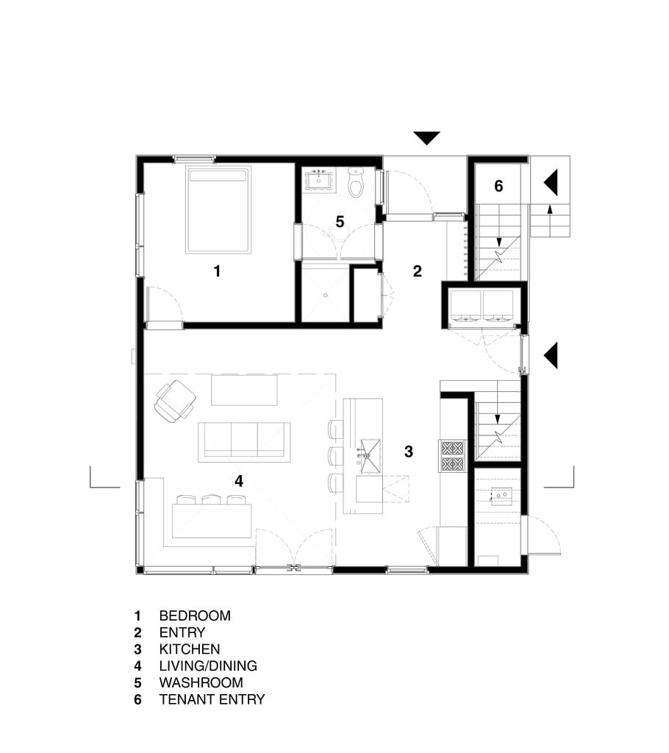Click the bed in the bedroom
[x=218, y=210]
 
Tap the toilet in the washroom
[x=357, y=183]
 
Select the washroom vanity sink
[x=318, y=181]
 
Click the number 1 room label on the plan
[x=217, y=271]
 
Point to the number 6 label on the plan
[x=498, y=186]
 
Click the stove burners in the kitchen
[x=452, y=456]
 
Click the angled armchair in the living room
[x=174, y=401]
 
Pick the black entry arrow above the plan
[x=426, y=138]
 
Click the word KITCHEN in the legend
[x=190, y=649]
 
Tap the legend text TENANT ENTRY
[x=212, y=699]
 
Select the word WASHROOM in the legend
[x=201, y=682]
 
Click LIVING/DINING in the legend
[x=208, y=666]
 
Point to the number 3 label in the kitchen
[x=409, y=452]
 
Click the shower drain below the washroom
[x=325, y=296]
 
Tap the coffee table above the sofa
[x=245, y=390]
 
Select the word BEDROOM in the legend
[x=195, y=615]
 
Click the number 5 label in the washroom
[x=340, y=222]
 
